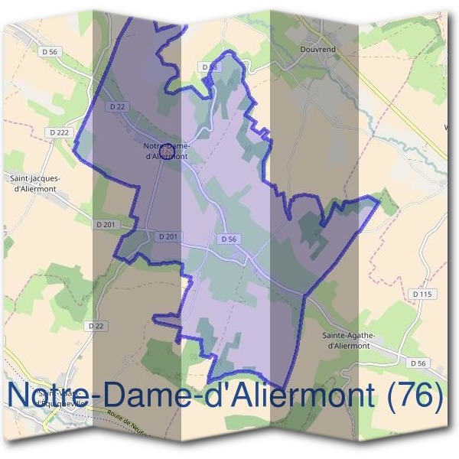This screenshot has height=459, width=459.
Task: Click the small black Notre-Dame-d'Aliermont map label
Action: click(x=166, y=151)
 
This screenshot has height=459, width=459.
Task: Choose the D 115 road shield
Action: click(x=422, y=294)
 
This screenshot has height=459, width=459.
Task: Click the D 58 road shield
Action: click(x=210, y=67)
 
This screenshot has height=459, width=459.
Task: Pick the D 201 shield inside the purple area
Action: click(x=168, y=237)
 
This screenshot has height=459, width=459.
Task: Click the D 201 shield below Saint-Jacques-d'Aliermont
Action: click(x=106, y=224)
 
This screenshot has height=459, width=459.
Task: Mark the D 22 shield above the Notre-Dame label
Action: click(x=117, y=107)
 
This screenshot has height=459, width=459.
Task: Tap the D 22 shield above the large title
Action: click(x=96, y=325)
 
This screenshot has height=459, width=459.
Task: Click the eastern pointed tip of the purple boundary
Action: click(x=379, y=199)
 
